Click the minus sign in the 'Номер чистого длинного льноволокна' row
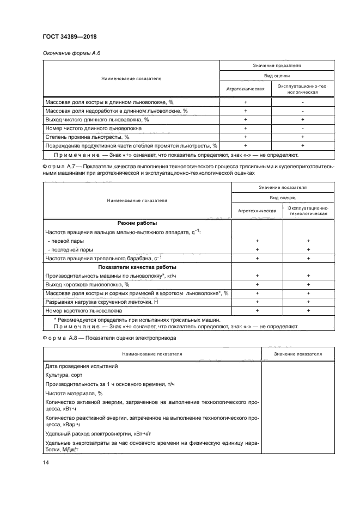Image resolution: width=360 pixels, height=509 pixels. (302, 128)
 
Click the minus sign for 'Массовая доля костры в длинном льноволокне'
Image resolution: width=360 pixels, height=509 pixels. (302, 102)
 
